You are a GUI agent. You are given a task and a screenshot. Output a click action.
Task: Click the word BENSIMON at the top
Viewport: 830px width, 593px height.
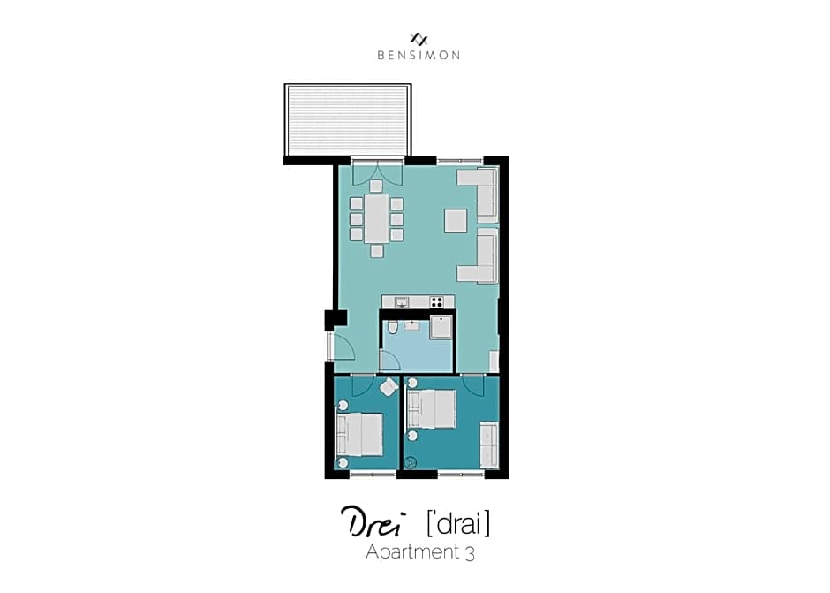click(x=419, y=55)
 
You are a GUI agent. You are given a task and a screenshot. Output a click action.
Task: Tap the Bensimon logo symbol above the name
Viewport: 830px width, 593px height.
click(x=419, y=39)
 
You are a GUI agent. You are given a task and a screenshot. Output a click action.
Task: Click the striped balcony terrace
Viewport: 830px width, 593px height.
click(x=348, y=120)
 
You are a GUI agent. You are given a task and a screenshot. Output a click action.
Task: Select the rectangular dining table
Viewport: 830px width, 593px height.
click(x=376, y=219)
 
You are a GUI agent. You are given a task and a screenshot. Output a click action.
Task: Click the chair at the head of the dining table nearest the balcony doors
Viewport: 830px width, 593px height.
click(x=376, y=186)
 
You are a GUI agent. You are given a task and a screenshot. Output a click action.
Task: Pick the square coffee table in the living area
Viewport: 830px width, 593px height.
click(x=456, y=221)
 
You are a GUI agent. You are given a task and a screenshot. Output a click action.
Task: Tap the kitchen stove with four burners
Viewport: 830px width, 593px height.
click(x=437, y=302)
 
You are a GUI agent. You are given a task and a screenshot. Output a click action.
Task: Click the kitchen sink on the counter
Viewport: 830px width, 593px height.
click(x=402, y=302)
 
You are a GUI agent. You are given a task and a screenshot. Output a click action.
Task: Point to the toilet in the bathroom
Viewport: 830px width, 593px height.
click(x=392, y=327)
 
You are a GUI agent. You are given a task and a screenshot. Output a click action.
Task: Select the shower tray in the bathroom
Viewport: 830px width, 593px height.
click(x=441, y=327)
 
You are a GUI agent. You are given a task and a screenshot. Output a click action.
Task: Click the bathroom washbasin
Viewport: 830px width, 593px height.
click(x=411, y=325)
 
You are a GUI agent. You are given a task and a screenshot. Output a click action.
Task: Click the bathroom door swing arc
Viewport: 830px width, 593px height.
click(x=390, y=361)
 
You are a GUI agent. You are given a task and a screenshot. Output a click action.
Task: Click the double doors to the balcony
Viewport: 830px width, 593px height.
click(x=377, y=171)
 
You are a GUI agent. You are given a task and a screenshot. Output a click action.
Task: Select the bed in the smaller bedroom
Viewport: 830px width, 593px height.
click(x=359, y=435)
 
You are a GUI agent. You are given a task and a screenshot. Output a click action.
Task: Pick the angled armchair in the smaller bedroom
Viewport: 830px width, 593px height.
click(x=389, y=387)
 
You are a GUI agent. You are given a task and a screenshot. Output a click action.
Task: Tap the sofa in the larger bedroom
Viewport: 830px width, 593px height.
click(x=489, y=445)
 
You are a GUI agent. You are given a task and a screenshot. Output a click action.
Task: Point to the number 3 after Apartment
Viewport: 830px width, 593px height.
click(x=470, y=554)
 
